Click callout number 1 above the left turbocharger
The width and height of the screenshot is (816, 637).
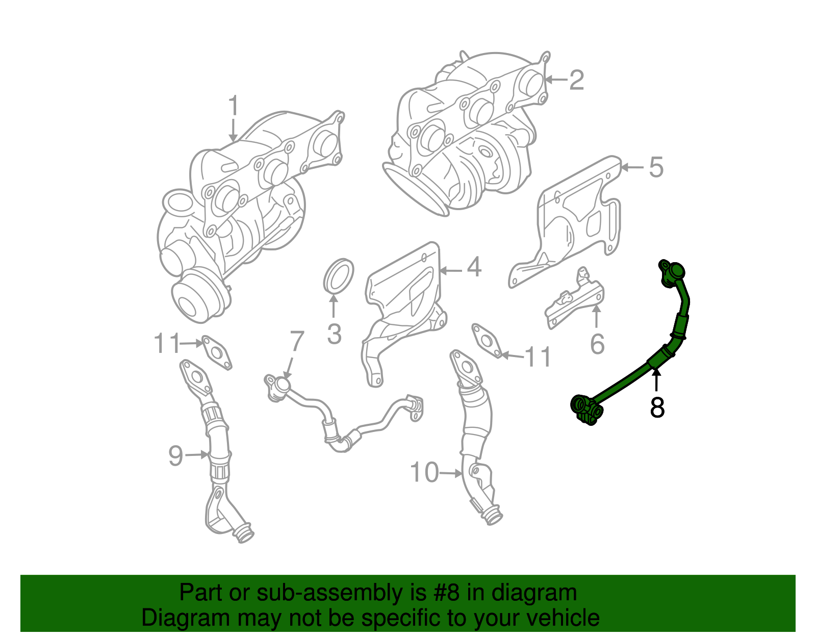(233, 106)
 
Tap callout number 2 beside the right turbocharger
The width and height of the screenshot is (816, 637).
(576, 80)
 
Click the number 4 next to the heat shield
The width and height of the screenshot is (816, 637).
(474, 267)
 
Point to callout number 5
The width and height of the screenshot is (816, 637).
(656, 167)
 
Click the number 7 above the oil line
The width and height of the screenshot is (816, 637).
(297, 342)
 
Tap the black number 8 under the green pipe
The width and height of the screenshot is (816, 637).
(657, 407)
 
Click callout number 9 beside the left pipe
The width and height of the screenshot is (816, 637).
(175, 455)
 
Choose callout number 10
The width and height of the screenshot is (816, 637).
(424, 473)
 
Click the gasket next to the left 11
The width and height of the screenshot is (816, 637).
(216, 352)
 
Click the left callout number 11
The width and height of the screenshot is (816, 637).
(167, 344)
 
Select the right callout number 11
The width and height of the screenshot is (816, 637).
(538, 357)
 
